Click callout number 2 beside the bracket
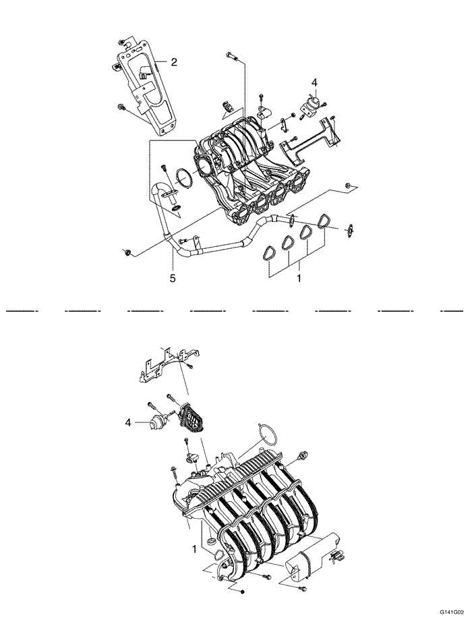[173, 62]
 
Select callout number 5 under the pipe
[173, 278]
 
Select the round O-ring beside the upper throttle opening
[181, 178]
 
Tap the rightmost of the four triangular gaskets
[324, 221]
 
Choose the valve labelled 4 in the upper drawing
[312, 103]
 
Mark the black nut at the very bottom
[241, 592]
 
